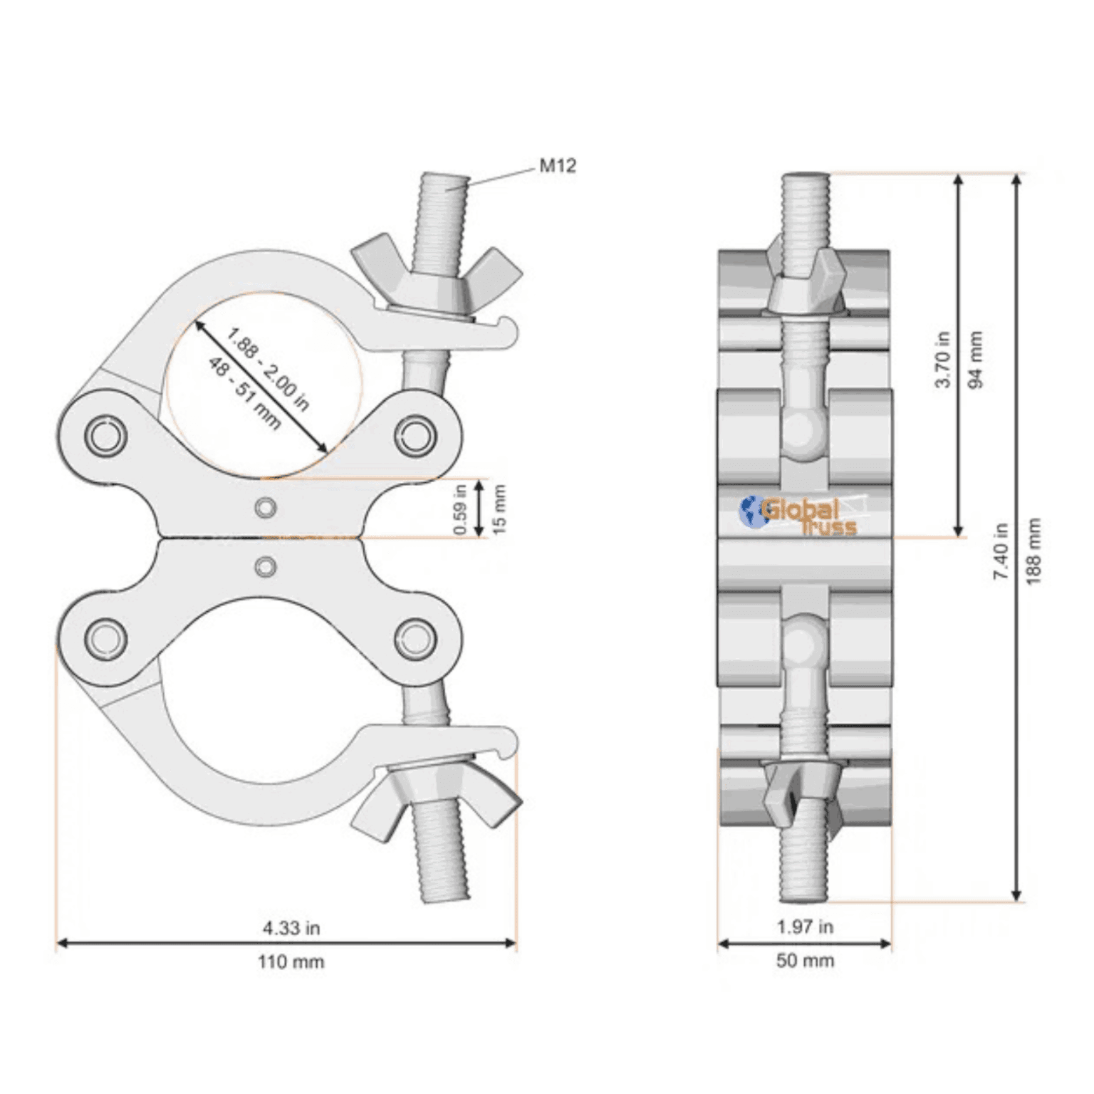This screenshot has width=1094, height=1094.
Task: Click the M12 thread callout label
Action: click(x=557, y=166)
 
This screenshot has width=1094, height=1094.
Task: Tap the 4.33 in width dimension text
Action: click(x=291, y=927)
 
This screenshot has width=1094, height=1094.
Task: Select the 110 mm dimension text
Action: click(x=291, y=962)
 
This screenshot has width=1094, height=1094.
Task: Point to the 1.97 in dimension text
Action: click(x=805, y=926)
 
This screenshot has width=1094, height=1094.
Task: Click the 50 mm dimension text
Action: click(x=805, y=960)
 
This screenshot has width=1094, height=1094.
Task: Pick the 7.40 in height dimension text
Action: click(x=1001, y=550)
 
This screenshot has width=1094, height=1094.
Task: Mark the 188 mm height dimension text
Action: click(x=1034, y=550)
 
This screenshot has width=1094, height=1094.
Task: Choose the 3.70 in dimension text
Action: click(x=943, y=359)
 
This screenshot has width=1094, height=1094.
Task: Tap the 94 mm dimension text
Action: click(x=975, y=359)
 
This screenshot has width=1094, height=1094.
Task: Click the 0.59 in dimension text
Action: click(x=460, y=509)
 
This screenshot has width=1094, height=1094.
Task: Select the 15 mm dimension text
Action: click(x=499, y=509)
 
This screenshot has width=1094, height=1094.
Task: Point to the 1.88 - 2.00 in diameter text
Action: click(x=269, y=369)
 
